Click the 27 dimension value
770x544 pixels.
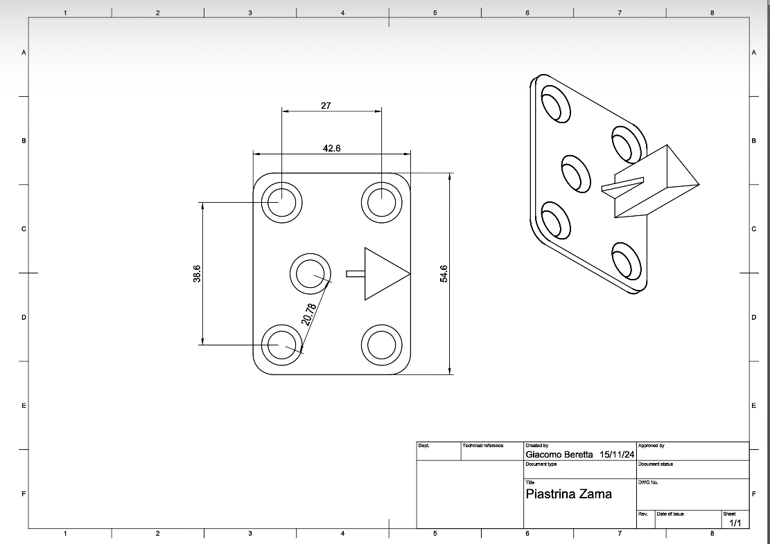[x=326, y=106]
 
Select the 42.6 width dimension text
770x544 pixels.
[x=332, y=148]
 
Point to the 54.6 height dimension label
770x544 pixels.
[x=444, y=273]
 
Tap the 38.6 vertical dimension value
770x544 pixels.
[x=198, y=273]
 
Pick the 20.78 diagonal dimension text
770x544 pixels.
[x=309, y=314]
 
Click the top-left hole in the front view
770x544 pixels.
[x=282, y=202]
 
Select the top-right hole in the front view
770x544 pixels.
[x=381, y=202]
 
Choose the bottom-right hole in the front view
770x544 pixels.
[x=381, y=345]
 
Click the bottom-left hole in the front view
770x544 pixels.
[x=282, y=345]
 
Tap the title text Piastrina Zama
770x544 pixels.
[x=568, y=494]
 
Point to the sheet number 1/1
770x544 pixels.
[x=735, y=523]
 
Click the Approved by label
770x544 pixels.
[x=651, y=446]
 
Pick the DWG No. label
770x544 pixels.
[x=647, y=482]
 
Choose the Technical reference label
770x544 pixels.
[x=482, y=446]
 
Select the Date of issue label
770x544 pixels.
[x=670, y=514]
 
